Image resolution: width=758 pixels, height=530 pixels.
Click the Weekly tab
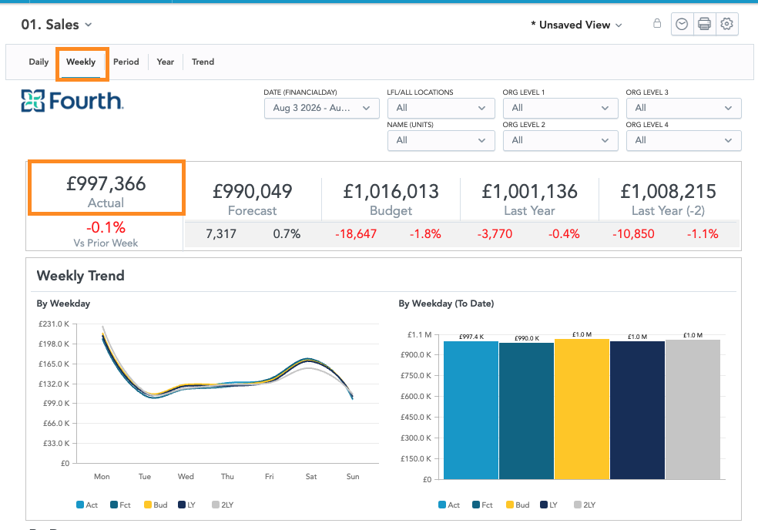click(81, 62)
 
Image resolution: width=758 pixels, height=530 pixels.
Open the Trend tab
click(203, 62)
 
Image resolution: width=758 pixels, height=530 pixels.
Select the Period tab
click(126, 62)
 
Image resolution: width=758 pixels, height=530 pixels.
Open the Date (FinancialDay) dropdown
click(321, 108)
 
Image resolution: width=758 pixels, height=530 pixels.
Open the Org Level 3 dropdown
click(683, 108)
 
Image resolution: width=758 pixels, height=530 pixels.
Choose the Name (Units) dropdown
click(441, 140)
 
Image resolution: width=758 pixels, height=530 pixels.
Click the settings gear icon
click(726, 24)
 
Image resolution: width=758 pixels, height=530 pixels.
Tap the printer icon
click(704, 24)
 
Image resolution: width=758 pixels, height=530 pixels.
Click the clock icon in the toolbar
click(682, 24)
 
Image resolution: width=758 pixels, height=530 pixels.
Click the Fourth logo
click(72, 101)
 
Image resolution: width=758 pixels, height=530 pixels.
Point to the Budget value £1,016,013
click(391, 192)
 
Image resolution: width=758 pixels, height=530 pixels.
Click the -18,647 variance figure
click(356, 234)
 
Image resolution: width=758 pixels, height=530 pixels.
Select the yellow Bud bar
click(582, 409)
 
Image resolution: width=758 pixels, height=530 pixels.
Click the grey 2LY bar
click(693, 410)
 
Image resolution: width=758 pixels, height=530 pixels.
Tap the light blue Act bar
click(471, 411)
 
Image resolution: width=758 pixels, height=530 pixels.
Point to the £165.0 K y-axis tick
click(54, 364)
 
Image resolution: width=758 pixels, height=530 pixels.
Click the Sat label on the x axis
click(311, 476)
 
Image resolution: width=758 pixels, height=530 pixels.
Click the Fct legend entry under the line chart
click(120, 505)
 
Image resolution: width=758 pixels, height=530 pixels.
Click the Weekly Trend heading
click(80, 276)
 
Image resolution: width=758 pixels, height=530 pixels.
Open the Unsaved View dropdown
click(576, 25)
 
